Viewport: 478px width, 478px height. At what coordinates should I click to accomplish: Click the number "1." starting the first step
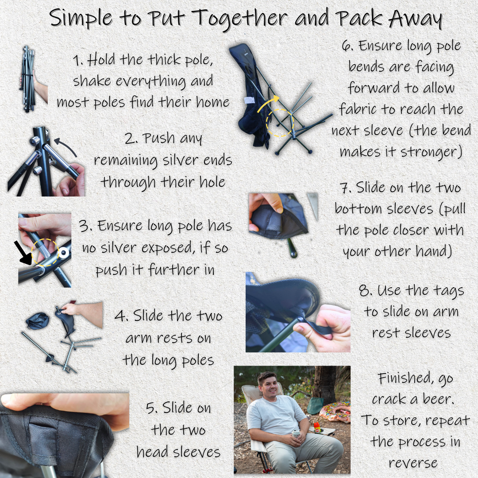click(78, 61)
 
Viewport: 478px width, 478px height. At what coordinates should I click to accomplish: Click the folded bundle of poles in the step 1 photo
click(27, 79)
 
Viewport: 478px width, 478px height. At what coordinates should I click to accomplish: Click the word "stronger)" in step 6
click(432, 151)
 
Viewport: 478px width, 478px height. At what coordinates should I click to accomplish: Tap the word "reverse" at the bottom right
click(413, 463)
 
